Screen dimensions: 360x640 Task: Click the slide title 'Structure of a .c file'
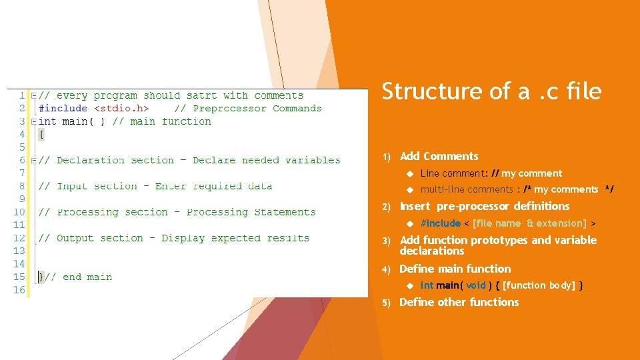click(491, 91)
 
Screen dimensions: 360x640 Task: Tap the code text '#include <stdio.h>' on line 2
click(94, 109)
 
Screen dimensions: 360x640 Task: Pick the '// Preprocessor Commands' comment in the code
click(248, 109)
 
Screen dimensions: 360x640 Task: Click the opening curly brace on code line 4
click(42, 135)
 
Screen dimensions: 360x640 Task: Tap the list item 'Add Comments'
click(439, 156)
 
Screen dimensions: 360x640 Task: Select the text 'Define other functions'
click(459, 302)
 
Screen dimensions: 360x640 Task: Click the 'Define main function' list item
click(455, 269)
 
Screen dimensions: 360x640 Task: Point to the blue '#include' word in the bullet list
click(441, 223)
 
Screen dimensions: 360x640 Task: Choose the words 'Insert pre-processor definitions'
click(485, 206)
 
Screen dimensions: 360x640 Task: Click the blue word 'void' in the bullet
click(476, 285)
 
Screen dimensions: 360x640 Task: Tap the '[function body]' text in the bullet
click(539, 285)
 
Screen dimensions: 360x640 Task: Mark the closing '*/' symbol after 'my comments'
click(609, 189)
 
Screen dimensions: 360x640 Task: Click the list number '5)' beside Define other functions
click(386, 303)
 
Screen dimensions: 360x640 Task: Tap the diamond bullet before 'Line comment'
click(411, 173)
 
